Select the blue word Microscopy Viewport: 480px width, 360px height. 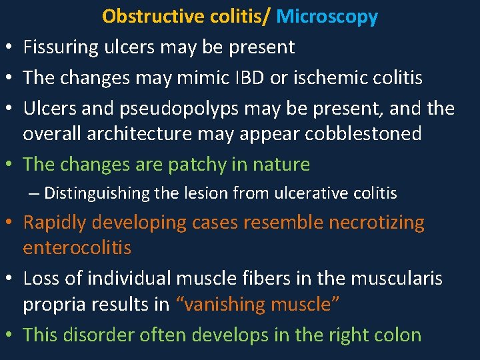pyautogui.click(x=327, y=17)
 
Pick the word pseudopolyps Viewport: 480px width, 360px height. pyautogui.click(x=180, y=108)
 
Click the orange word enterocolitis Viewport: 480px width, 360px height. pyautogui.click(x=77, y=248)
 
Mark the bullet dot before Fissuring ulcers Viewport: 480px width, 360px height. pyautogui.click(x=8, y=49)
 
